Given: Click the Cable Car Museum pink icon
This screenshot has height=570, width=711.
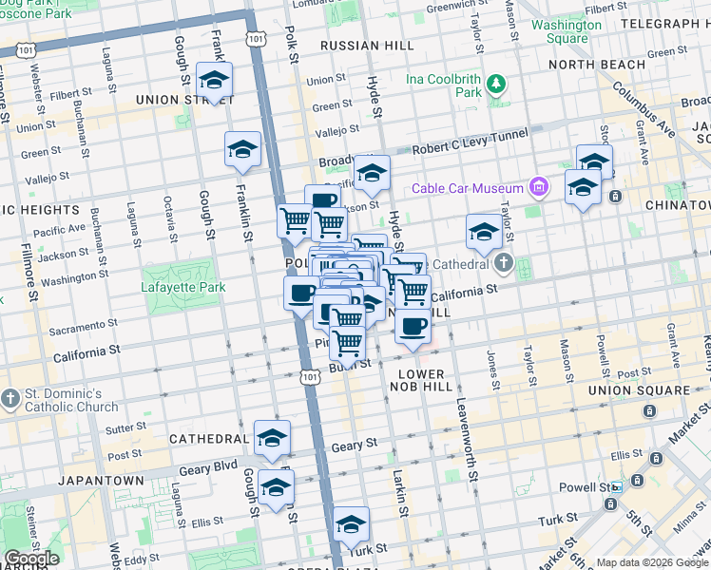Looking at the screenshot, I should tap(539, 186).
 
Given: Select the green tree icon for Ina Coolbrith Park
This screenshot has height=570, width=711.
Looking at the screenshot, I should tap(495, 85).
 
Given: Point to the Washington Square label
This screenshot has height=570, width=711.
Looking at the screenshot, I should tap(567, 31).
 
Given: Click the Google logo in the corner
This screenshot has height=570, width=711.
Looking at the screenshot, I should tap(30, 558).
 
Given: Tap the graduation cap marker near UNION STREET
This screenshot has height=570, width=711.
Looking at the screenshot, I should tap(214, 81).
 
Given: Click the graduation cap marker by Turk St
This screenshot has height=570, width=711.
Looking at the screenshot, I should tap(351, 525).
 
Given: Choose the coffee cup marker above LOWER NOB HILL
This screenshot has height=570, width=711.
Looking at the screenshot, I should tap(412, 327).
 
